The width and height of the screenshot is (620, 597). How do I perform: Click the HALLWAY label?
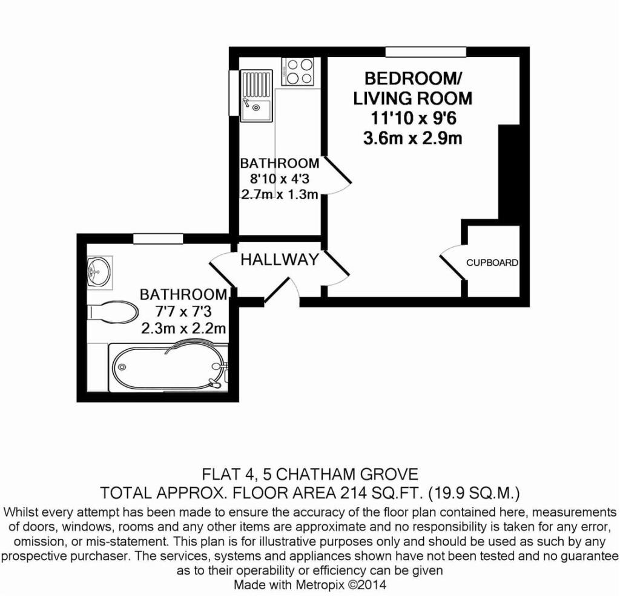(279, 260)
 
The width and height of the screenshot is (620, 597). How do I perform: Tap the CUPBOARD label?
(492, 263)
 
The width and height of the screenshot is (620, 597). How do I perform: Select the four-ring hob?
(297, 71)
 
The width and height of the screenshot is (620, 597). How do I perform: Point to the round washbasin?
(99, 270)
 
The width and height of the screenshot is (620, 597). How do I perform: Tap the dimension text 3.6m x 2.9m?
(412, 138)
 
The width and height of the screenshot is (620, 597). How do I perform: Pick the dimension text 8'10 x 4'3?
(279, 179)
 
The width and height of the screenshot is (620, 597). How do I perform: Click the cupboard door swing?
(451, 262)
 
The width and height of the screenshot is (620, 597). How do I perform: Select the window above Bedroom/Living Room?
(426, 51)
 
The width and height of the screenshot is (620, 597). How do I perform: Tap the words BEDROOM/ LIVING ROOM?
(412, 88)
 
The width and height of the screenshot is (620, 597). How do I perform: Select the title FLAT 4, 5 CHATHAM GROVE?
(309, 473)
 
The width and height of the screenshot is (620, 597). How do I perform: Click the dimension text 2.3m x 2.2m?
(183, 329)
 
